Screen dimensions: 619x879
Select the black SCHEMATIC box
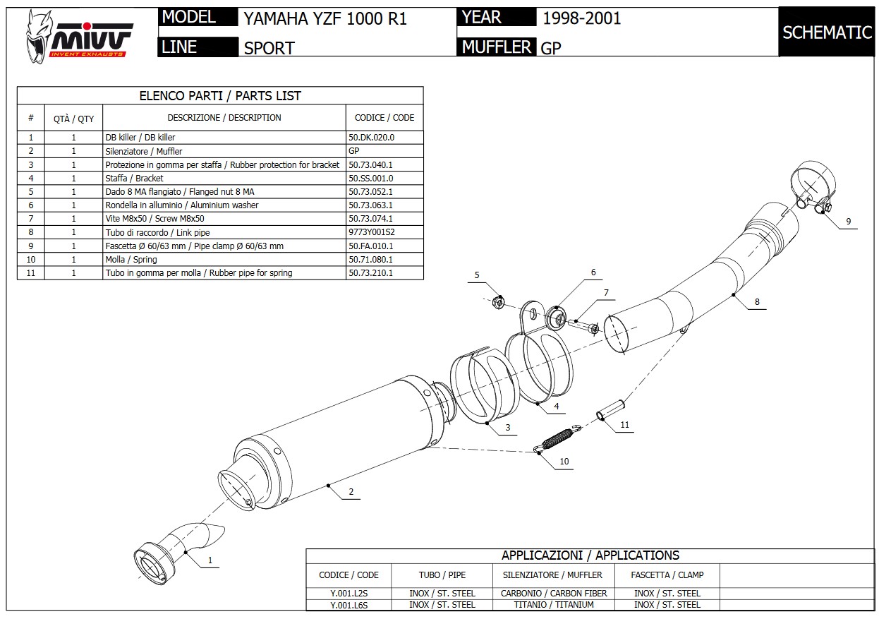[827, 32]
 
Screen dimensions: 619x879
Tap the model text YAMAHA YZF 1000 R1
[325, 18]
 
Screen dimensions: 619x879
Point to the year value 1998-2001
[581, 18]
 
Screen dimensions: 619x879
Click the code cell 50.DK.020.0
[371, 138]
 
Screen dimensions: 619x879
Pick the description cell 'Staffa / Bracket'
[134, 179]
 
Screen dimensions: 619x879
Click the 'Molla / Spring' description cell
[131, 260]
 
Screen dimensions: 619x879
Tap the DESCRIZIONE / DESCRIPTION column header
[224, 118]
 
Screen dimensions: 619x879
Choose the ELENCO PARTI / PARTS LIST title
[220, 96]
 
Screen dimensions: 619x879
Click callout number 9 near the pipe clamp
[848, 222]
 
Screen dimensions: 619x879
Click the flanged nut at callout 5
[497, 302]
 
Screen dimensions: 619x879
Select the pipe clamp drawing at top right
[808, 185]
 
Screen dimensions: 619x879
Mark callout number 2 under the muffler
[351, 493]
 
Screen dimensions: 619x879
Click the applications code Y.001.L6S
[348, 605]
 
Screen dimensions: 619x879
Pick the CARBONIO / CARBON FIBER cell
[553, 594]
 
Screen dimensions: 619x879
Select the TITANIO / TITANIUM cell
[553, 605]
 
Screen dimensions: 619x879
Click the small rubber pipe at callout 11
[610, 410]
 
